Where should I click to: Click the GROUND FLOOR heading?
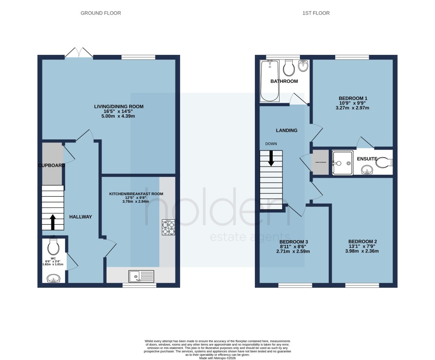101,13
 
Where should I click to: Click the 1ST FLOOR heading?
316,13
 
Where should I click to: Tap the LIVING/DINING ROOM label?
119,106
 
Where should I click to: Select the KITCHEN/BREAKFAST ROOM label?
136,194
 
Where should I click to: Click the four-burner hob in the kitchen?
168,227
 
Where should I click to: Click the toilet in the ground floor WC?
54,247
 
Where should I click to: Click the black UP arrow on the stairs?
53,222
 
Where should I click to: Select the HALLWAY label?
81,217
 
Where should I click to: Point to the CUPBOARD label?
51,165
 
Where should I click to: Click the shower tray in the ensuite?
342,163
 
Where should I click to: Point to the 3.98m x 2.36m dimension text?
361,251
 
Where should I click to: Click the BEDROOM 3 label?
293,241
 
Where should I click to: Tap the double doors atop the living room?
79,52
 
